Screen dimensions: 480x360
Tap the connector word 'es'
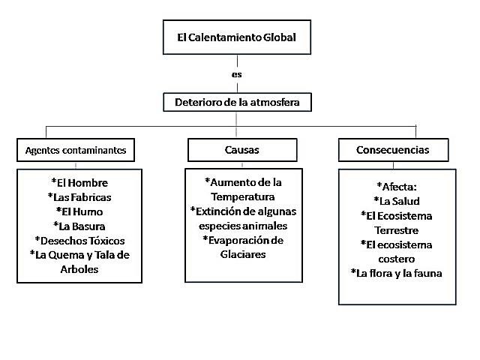coord(236,75)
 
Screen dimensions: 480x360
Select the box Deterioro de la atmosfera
coord(236,101)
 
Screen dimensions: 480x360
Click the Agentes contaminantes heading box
coord(76,150)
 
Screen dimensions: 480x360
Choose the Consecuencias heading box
coord(393,150)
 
